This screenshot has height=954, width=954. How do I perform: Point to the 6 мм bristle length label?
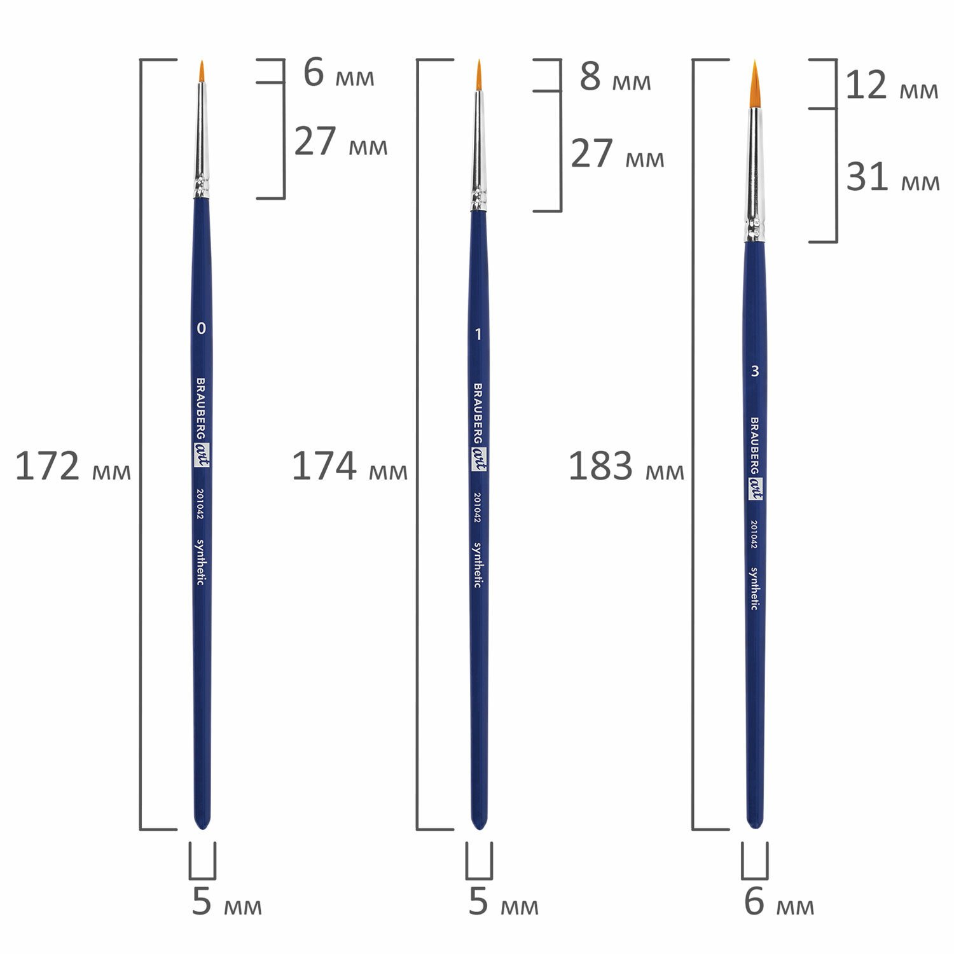pyautogui.click(x=338, y=73)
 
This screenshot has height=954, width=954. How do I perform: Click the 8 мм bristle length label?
pyautogui.click(x=615, y=78)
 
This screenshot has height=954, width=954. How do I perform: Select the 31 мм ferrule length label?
pyautogui.click(x=892, y=177)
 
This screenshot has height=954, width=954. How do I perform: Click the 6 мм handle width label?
pyautogui.click(x=779, y=902)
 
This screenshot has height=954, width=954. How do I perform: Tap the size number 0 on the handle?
pyautogui.click(x=202, y=329)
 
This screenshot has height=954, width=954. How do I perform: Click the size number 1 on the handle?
pyautogui.click(x=478, y=335)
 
